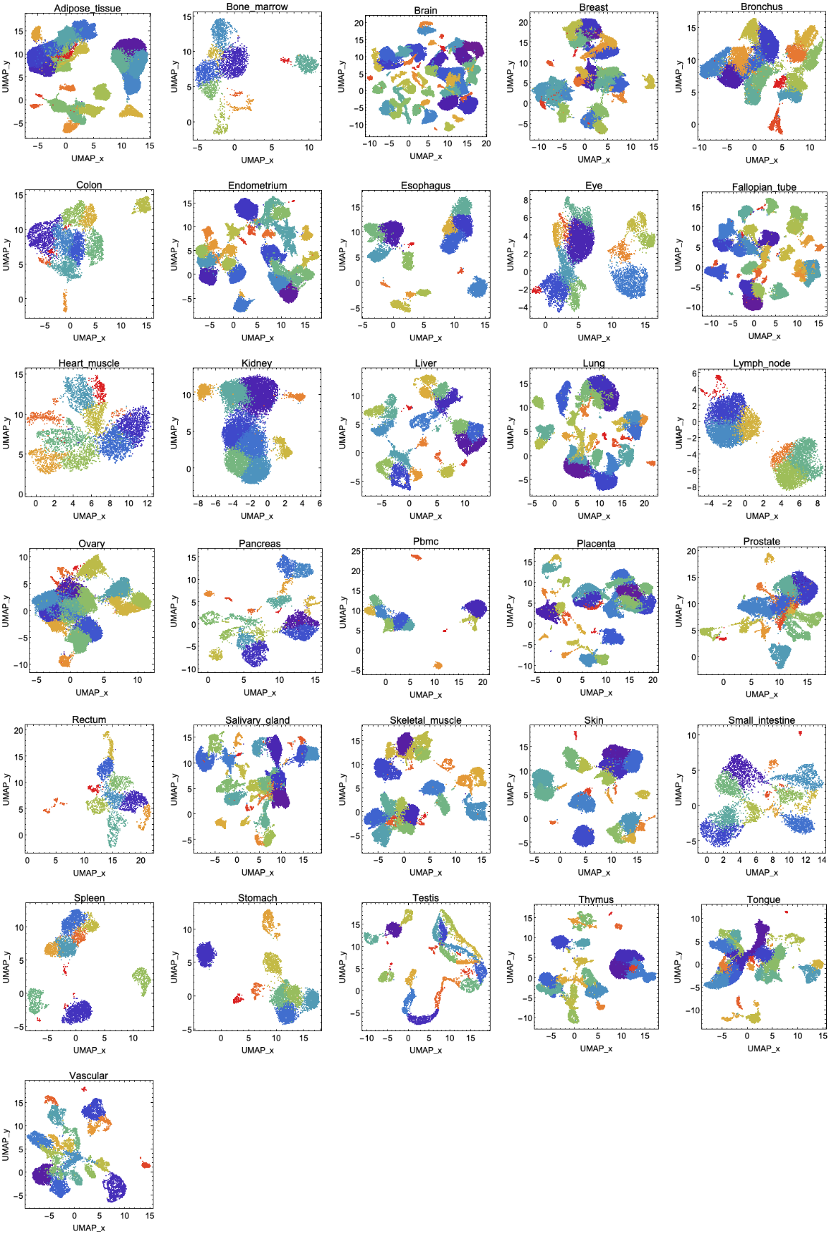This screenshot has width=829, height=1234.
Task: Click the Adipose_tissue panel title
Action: click(87, 9)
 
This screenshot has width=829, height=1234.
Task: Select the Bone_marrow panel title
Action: click(257, 6)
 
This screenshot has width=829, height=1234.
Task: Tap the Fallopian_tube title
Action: click(764, 187)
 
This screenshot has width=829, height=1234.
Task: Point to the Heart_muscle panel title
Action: click(89, 363)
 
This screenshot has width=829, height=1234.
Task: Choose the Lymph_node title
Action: click(762, 363)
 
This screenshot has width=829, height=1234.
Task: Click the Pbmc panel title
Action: click(425, 541)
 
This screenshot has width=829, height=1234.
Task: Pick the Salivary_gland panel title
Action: click(257, 720)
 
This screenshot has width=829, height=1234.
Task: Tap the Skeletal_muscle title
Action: click(425, 720)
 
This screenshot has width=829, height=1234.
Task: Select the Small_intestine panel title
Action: click(762, 720)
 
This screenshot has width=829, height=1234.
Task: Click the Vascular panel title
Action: click(89, 1076)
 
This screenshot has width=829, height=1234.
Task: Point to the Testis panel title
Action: click(425, 898)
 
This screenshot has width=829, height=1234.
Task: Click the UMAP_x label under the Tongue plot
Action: click(764, 1048)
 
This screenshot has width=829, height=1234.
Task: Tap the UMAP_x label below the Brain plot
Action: click(425, 156)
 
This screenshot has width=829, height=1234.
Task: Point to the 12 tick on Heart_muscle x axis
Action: click(147, 503)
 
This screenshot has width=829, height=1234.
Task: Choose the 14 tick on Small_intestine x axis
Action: click(822, 860)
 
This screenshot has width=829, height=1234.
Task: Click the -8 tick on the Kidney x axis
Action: click(198, 503)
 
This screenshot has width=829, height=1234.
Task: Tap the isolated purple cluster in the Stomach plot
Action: click(206, 955)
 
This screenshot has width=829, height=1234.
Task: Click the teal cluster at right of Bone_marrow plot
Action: click(307, 64)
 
